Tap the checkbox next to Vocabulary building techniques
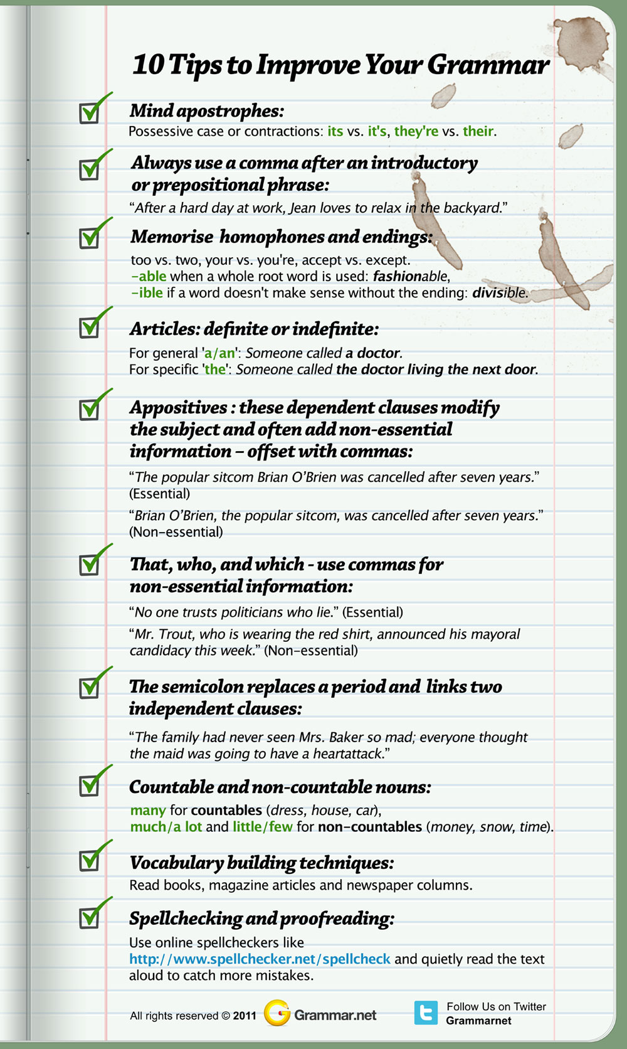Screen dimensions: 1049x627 coord(90,860)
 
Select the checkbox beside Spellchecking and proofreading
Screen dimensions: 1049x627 coord(90,918)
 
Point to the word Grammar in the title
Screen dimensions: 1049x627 coord(488,65)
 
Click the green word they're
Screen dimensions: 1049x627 coord(416,131)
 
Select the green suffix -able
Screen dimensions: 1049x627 coord(149,276)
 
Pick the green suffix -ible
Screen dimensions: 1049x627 coord(147,292)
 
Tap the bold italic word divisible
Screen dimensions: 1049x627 coord(499,292)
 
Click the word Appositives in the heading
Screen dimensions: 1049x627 coord(178,408)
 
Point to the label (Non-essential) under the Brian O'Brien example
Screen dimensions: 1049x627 coord(176,532)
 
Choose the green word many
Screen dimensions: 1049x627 coord(148,810)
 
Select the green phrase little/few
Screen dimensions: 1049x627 coord(263,826)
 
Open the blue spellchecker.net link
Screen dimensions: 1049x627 coord(260,959)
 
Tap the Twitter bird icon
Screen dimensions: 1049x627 coord(426,1013)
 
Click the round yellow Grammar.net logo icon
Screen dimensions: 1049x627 coord(277,1013)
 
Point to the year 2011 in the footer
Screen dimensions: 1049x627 coord(245,1016)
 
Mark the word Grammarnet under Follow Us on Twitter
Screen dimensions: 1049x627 coord(478,1021)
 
